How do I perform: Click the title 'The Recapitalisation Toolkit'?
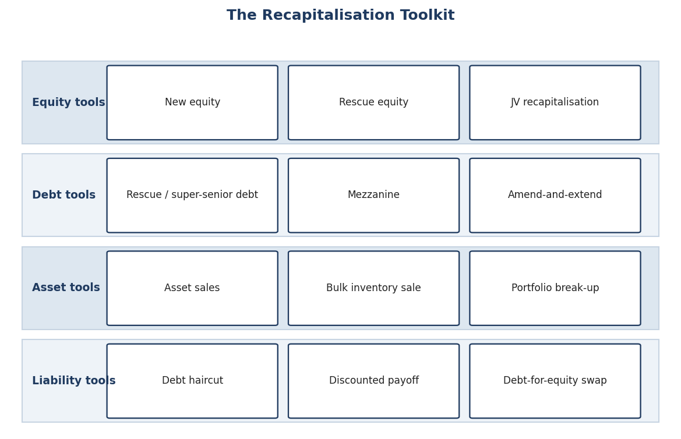pyautogui.click(x=340, y=15)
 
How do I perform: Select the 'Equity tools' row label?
pyautogui.click(x=69, y=102)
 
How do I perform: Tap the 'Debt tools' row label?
pyautogui.click(x=64, y=195)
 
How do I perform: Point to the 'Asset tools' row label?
pyautogui.click(x=66, y=288)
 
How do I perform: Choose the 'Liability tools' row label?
pyautogui.click(x=74, y=381)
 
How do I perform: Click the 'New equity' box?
pyautogui.click(x=192, y=102)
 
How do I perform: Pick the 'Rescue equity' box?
pyautogui.click(x=373, y=102)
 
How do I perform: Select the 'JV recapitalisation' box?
pyautogui.click(x=555, y=102)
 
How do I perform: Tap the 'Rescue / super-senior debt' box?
pyautogui.click(x=192, y=196)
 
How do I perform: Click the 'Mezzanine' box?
pyautogui.click(x=373, y=196)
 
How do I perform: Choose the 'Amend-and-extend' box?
pyautogui.click(x=555, y=196)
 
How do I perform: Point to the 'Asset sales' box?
pyautogui.click(x=192, y=288)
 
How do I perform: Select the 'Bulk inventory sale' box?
pyautogui.click(x=373, y=288)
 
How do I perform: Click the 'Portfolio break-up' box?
pyautogui.click(x=555, y=288)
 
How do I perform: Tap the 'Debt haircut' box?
pyautogui.click(x=192, y=381)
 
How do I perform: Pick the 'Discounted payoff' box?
pyautogui.click(x=373, y=381)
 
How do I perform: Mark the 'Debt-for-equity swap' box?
pyautogui.click(x=555, y=381)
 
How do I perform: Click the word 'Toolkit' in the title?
pyautogui.click(x=427, y=15)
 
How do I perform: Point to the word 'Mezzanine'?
pyautogui.click(x=373, y=195)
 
